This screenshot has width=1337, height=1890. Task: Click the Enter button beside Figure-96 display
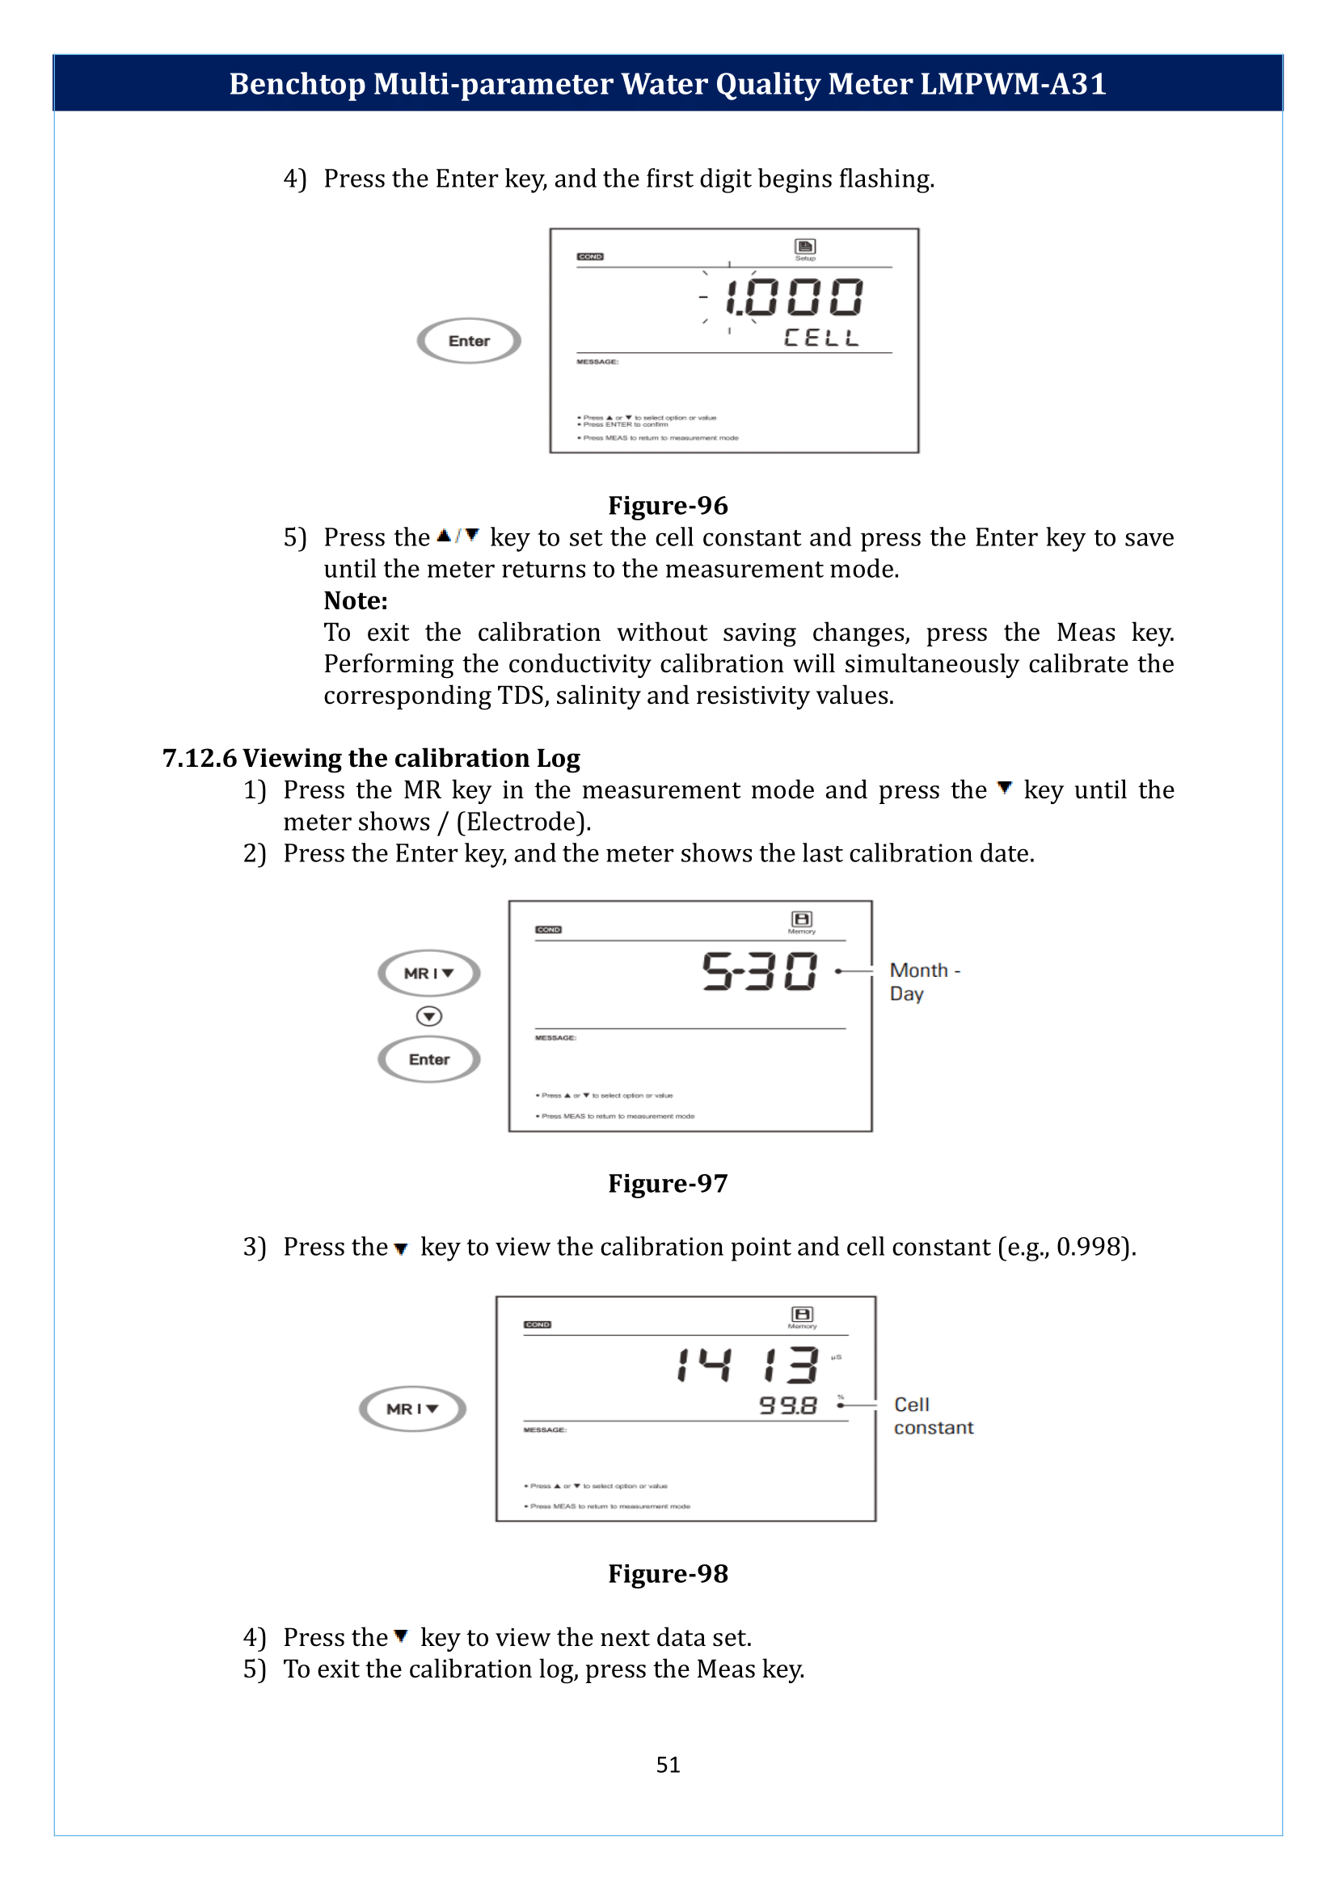pos(469,341)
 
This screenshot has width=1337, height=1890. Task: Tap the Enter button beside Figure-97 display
pos(429,1059)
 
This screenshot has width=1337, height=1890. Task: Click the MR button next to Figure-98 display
pos(412,1408)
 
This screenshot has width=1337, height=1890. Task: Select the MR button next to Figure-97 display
pos(429,973)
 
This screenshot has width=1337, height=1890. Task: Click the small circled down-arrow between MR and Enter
pos(429,1017)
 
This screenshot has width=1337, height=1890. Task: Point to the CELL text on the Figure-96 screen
pos(820,338)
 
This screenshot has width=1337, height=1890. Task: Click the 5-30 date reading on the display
pos(759,971)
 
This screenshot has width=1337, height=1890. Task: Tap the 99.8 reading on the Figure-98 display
pos(788,1405)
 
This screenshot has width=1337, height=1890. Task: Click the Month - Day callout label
pos(924,982)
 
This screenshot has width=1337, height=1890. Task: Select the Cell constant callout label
pos(933,1416)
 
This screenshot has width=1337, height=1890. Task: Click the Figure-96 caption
pos(668,505)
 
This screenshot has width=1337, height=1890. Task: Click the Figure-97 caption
pos(668,1183)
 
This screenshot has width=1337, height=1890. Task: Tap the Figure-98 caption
pos(668,1573)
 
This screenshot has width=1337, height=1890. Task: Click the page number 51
pos(668,1764)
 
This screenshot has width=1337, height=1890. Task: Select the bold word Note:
pos(356,601)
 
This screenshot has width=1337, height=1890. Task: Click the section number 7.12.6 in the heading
pos(199,758)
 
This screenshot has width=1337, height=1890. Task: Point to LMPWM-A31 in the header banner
pos(1013,84)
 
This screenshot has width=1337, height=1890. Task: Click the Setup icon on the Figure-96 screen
pos(804,247)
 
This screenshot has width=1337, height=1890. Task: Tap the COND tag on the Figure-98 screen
pos(538,1324)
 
